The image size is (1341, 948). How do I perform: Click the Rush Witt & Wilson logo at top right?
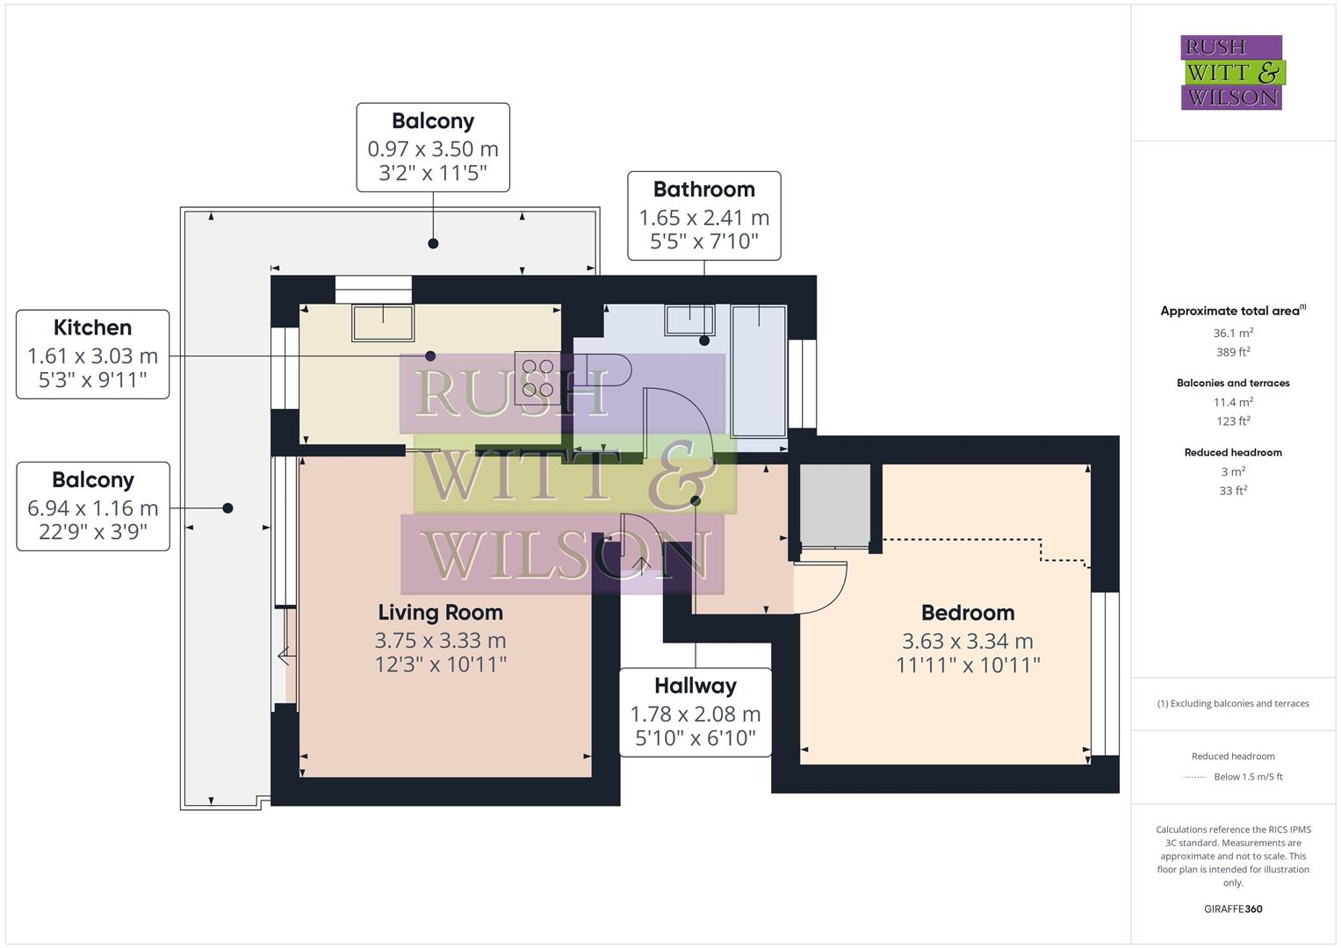[1231, 72]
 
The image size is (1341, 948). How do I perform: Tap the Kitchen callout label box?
[92, 354]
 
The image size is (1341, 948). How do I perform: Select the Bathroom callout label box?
[703, 216]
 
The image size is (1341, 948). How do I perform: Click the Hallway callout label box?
[695, 712]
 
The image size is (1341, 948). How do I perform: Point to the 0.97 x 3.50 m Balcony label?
[433, 147]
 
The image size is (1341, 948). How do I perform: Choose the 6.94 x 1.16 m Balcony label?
[92, 506]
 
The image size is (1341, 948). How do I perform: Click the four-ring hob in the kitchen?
[537, 377]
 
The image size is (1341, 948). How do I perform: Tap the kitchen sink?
[383, 322]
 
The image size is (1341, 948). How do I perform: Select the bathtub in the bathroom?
[759, 370]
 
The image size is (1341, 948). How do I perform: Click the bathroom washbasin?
[689, 320]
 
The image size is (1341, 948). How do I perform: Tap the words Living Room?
[440, 613]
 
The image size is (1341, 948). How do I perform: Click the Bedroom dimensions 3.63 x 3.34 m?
[967, 642]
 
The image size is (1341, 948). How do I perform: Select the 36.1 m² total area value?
[1233, 334]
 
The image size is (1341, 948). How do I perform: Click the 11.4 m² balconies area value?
[1233, 403]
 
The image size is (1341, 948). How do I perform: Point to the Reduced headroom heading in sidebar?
[1233, 453]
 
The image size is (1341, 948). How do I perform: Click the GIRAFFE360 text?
[1233, 909]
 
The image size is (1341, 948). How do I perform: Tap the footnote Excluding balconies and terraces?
[1233, 704]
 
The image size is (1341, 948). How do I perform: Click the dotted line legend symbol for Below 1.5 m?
[1195, 777]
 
